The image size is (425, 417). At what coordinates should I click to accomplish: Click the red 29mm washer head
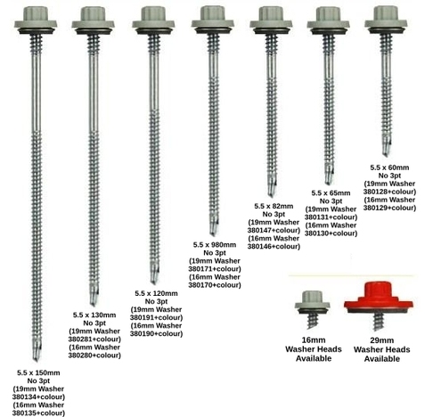point(378,298)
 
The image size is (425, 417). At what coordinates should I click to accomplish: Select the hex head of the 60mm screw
point(386,13)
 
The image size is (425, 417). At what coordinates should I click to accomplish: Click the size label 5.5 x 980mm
point(215,245)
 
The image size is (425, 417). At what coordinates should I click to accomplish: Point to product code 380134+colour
point(38,397)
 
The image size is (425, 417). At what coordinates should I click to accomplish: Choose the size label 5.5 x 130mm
point(94,315)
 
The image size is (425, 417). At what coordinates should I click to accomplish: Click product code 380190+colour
point(156,333)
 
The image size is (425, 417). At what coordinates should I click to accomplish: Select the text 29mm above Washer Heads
point(382,340)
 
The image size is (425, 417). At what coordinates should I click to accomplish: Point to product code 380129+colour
point(389,208)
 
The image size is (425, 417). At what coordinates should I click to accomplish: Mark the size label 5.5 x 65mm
point(331,192)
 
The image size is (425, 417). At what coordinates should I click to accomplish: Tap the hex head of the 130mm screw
point(93,13)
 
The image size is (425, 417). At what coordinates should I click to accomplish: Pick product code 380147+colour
point(274,230)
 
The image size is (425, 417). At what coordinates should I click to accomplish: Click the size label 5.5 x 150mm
point(38,372)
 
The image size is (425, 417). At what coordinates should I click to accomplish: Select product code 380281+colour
point(94,339)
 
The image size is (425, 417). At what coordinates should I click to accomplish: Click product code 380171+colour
point(215,269)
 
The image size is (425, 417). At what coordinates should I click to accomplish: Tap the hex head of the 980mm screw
point(213,13)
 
